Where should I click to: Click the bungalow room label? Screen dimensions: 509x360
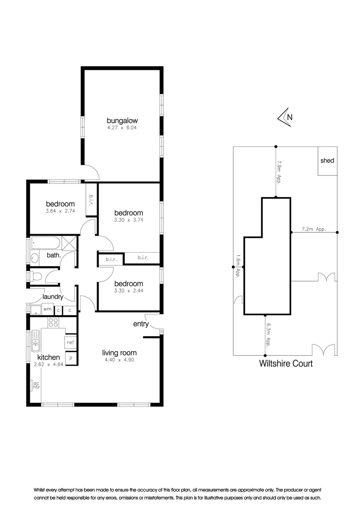click(x=122, y=120)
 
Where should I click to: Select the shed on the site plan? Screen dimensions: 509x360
click(x=327, y=161)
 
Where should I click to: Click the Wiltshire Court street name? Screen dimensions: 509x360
click(x=286, y=363)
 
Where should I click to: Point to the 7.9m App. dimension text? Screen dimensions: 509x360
click(x=279, y=173)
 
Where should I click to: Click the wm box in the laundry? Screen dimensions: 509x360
click(x=47, y=310)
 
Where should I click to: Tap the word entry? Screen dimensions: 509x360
click(x=141, y=324)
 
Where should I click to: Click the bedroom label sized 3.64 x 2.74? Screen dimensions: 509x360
click(x=60, y=204)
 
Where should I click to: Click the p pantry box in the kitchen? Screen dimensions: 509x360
click(x=71, y=358)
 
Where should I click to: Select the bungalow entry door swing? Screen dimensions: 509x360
click(x=92, y=172)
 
